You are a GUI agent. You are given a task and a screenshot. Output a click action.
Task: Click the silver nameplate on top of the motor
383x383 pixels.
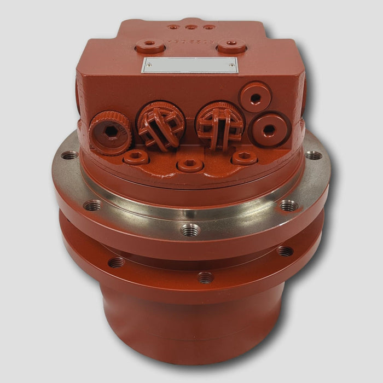point(190,65)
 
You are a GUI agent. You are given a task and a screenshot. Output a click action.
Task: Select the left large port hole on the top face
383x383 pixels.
point(150,46)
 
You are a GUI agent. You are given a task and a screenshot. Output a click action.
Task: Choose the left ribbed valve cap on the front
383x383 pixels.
point(160,125)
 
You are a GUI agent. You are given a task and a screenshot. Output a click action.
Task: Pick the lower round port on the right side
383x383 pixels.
point(269,130)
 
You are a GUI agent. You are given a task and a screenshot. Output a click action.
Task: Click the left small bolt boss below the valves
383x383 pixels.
point(135,158)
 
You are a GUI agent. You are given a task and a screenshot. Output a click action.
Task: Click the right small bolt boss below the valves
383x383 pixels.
point(244,158)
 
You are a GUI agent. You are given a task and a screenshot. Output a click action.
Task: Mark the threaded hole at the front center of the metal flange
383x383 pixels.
point(190,229)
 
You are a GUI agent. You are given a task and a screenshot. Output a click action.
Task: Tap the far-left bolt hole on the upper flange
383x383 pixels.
point(69,155)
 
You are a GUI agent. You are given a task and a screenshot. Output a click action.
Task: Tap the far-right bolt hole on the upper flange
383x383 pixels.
point(313,155)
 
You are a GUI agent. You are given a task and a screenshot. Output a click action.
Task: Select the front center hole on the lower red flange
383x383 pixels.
point(205,277)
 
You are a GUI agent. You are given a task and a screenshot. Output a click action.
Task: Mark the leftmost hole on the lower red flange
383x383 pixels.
point(116,263)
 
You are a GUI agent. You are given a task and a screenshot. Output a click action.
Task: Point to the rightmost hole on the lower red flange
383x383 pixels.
point(285,251)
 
